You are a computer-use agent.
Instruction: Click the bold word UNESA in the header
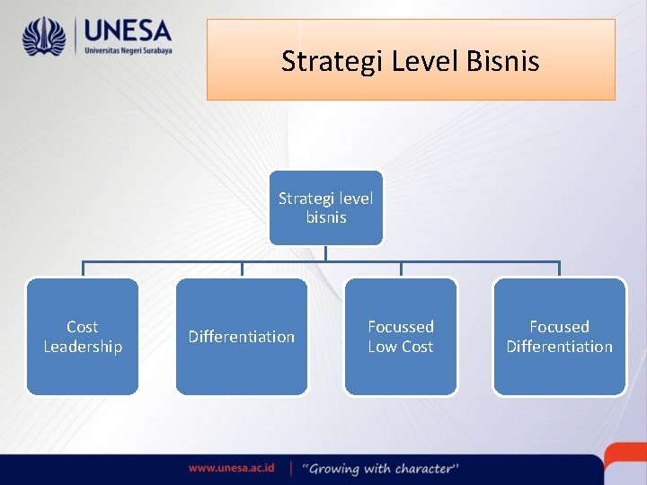(127, 31)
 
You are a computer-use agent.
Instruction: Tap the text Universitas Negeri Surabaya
(128, 51)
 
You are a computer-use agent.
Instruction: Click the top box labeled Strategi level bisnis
(325, 207)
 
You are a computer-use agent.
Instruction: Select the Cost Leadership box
(83, 337)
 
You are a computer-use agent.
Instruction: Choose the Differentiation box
(241, 337)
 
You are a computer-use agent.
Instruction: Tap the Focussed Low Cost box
(401, 337)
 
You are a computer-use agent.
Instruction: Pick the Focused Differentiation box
(559, 337)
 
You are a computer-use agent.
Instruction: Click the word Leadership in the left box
(83, 347)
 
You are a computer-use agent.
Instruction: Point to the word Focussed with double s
(401, 327)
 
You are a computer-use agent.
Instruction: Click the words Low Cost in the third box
(401, 347)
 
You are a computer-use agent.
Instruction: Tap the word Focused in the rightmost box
(559, 327)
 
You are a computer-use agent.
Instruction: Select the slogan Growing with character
(381, 468)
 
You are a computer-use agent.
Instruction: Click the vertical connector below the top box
(325, 252)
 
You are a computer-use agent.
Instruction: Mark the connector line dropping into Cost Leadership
(83, 269)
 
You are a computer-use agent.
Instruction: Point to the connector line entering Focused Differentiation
(559, 269)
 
